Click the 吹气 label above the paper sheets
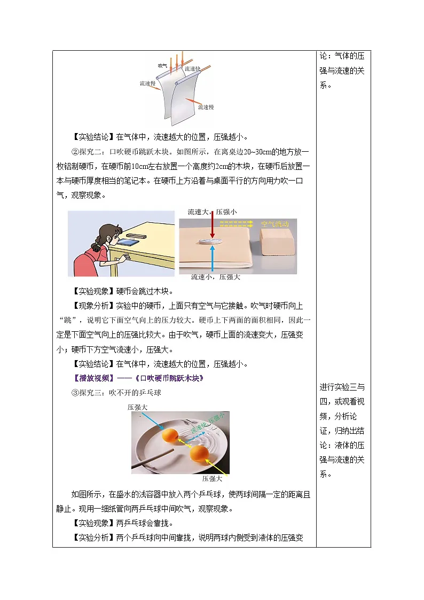tap(163, 65)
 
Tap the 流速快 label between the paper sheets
tap(192, 69)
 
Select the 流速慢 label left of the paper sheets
tap(148, 83)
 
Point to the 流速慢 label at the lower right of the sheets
tap(206, 107)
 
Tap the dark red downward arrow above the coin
tap(213, 224)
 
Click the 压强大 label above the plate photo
tap(137, 407)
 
